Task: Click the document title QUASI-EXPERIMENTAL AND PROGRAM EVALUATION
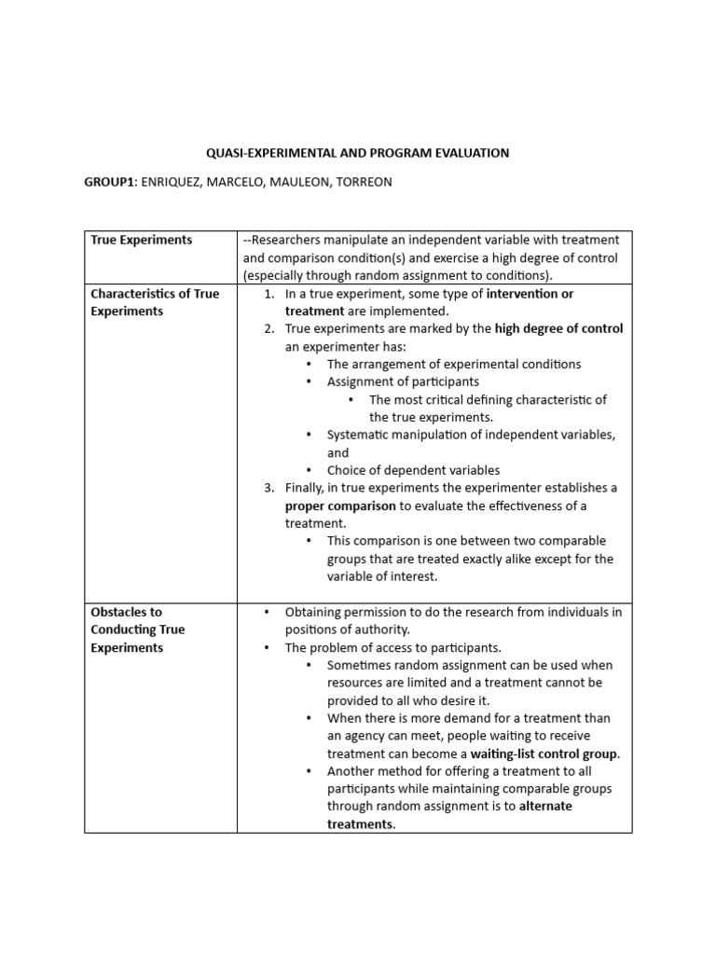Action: pos(357,153)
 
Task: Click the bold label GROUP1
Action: pos(110,182)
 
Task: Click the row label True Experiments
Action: pos(141,240)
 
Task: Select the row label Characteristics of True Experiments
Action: pos(155,302)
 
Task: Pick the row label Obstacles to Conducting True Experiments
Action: pos(138,630)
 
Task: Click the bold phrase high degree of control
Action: pos(558,328)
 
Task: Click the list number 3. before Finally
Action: pos(268,488)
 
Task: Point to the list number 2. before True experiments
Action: pos(268,328)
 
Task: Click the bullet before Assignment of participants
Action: pos(310,381)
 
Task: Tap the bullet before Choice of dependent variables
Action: pos(310,470)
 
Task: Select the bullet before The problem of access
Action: pos(268,647)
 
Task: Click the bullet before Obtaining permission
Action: pos(268,612)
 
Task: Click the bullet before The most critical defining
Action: pos(351,399)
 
